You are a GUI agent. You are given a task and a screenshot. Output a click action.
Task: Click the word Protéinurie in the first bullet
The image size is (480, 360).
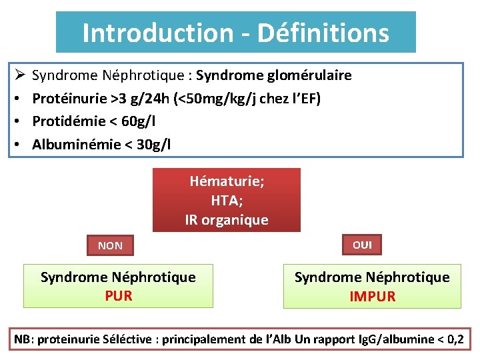(71, 99)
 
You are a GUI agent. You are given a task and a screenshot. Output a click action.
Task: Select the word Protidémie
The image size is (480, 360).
(69, 121)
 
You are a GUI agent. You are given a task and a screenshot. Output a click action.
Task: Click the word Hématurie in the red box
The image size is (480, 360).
(225, 181)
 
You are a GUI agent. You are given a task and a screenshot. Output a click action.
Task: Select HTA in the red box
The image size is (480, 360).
(226, 200)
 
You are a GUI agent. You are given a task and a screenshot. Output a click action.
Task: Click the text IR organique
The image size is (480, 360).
(227, 219)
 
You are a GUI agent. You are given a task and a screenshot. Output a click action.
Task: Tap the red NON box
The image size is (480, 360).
(110, 245)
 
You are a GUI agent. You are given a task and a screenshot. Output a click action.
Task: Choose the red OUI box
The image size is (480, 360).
(362, 245)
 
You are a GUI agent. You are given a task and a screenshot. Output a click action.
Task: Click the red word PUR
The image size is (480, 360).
(118, 295)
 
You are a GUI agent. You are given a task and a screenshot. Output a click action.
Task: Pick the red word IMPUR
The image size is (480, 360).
(372, 296)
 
